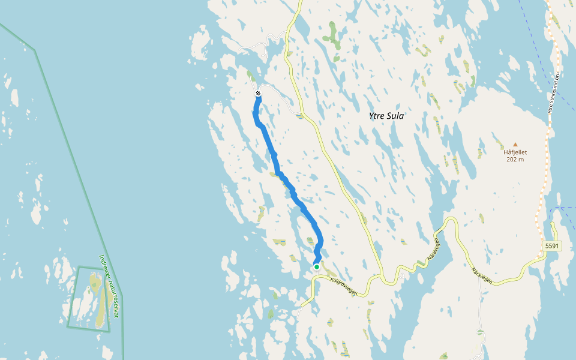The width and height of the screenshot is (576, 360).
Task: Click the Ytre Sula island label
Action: click(386, 116)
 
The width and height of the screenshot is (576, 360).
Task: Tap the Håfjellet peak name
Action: click(514, 152)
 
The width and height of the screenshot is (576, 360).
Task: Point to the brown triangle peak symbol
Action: click(514, 144)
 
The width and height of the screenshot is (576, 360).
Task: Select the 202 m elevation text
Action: click(514, 160)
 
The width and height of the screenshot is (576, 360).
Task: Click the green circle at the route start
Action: click(317, 267)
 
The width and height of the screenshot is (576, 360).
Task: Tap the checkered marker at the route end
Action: click(258, 93)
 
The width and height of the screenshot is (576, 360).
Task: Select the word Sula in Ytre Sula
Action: click(395, 116)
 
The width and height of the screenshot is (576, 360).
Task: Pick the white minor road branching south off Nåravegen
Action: click(480, 306)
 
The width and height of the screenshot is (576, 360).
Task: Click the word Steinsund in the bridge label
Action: click(554, 94)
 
